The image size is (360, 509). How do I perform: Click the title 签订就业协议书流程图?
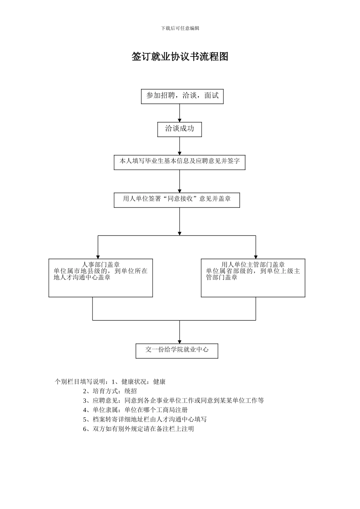pyautogui.click(x=180, y=57)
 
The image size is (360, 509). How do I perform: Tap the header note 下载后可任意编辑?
pyautogui.click(x=180, y=28)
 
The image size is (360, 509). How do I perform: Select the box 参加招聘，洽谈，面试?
pyautogui.click(x=182, y=96)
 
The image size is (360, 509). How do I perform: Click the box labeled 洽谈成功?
pyautogui.click(x=180, y=129)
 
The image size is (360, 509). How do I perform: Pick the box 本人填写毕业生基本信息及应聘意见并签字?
pyautogui.click(x=180, y=162)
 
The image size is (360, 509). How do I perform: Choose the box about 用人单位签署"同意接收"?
pyautogui.click(x=177, y=200)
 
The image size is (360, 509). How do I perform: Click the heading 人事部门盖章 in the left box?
pyautogui.click(x=101, y=265)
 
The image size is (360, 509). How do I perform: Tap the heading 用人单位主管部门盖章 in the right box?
pyautogui.click(x=253, y=265)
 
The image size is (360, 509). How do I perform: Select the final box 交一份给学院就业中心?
pyautogui.click(x=177, y=350)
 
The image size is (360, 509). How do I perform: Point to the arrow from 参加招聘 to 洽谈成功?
pyautogui.click(x=180, y=113)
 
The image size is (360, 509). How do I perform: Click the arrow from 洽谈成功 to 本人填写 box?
pyautogui.click(x=180, y=146)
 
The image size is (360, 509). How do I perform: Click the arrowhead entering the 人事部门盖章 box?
pyautogui.click(x=98, y=257)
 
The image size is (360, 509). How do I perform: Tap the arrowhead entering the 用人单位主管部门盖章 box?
pyautogui.click(x=256, y=257)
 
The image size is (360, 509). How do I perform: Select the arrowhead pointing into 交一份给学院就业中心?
pyautogui.click(x=180, y=341)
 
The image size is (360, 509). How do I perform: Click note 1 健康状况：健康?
pyautogui.click(x=139, y=382)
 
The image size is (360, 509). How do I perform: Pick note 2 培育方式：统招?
pyautogui.click(x=110, y=391)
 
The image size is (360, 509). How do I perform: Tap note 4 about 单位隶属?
pyautogui.click(x=135, y=410)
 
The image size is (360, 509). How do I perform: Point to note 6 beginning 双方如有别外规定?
pyautogui.click(x=138, y=429)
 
